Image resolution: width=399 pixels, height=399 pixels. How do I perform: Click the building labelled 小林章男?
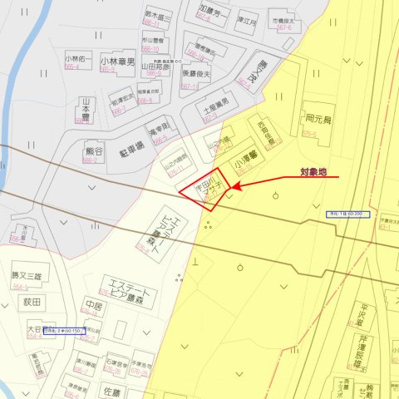(117, 61)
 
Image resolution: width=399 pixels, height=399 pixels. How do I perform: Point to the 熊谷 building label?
(93, 151)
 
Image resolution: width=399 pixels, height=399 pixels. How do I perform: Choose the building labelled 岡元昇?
(318, 120)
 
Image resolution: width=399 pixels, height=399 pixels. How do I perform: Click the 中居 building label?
(94, 305)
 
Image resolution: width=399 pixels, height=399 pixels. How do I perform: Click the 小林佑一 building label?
(77, 60)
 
